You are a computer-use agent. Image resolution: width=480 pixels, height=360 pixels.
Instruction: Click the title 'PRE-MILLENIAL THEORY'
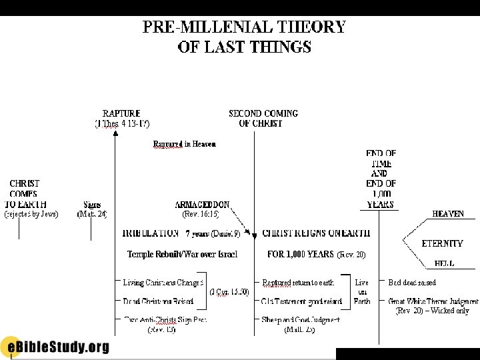(x=244, y=27)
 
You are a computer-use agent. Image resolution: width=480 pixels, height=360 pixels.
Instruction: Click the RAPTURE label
(x=121, y=113)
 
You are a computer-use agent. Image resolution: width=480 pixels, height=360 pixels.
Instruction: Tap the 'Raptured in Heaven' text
(x=185, y=143)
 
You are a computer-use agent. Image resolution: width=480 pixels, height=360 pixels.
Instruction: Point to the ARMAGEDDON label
(x=203, y=205)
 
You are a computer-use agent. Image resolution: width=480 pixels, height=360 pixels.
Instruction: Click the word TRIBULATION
(x=151, y=233)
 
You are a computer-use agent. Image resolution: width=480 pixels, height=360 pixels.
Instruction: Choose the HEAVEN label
(x=448, y=214)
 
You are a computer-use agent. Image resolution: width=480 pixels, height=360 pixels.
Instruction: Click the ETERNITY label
(x=443, y=243)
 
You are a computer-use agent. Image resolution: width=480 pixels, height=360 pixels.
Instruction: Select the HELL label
(x=445, y=263)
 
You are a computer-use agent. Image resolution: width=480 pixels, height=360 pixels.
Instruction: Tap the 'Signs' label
(x=92, y=205)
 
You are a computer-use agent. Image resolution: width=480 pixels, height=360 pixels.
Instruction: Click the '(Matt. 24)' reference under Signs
(x=92, y=214)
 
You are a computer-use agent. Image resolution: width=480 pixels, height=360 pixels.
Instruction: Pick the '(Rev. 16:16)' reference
(x=201, y=214)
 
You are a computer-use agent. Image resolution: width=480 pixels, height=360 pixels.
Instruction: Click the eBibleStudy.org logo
(x=55, y=346)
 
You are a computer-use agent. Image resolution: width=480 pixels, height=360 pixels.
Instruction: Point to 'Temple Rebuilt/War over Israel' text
(x=182, y=254)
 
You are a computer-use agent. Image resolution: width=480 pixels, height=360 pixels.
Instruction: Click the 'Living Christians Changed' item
(x=163, y=283)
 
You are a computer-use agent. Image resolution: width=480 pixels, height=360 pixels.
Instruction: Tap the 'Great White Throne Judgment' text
(x=433, y=301)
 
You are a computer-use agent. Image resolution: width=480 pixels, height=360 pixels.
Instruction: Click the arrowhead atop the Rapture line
(x=115, y=133)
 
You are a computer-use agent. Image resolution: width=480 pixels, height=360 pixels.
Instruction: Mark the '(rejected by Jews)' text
(x=31, y=214)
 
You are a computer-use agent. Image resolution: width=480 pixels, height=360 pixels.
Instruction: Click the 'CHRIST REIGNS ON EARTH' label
(x=316, y=233)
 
